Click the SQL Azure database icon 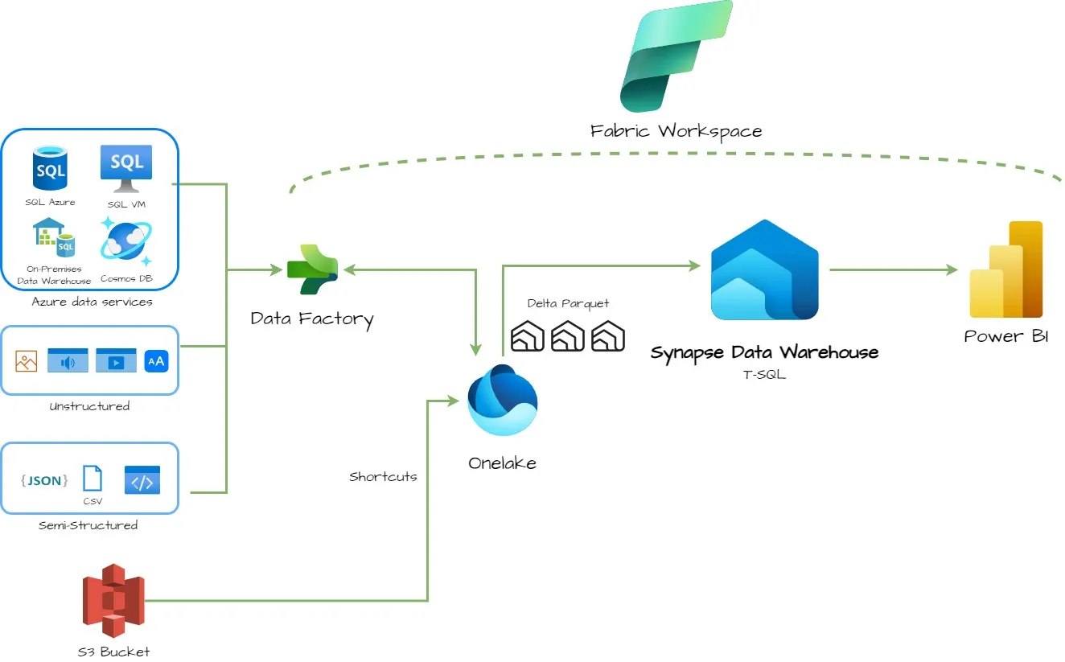50,168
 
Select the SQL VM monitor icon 126,168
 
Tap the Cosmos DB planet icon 126,241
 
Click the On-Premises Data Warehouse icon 54,236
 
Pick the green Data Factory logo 312,269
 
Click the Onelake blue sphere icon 503,400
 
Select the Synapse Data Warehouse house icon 764,269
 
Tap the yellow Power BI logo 1006,269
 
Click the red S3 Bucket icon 113,600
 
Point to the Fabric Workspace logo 676,56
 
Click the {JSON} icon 44,480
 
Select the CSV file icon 93,479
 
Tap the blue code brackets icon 142,480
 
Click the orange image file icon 27,361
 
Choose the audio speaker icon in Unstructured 68,360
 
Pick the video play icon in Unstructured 116,360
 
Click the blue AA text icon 156,361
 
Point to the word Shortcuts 383,476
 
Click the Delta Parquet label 568,303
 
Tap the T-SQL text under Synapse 764,375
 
